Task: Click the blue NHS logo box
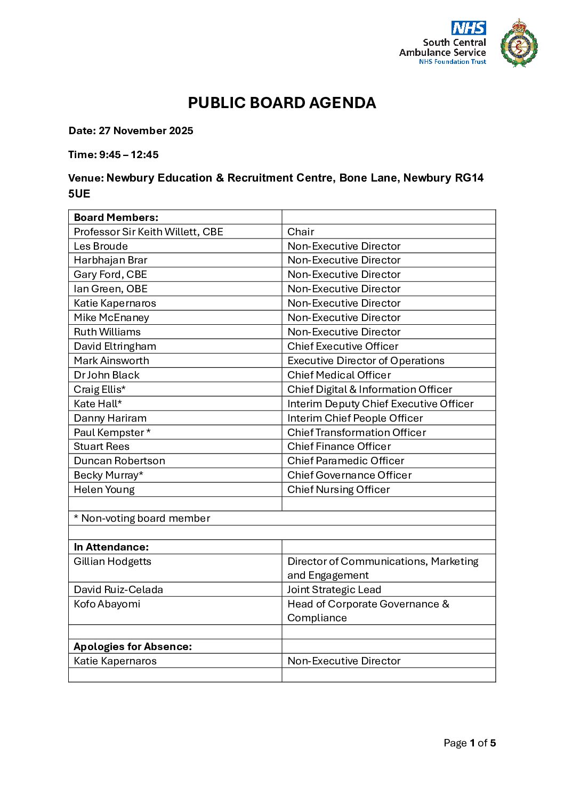(469, 28)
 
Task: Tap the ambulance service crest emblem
(519, 44)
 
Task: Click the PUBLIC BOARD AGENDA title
(282, 103)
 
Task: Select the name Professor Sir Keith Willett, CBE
(148, 232)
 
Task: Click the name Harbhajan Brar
(110, 260)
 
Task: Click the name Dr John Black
(107, 375)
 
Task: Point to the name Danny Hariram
(110, 418)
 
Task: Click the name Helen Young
(104, 490)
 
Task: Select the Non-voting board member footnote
(142, 519)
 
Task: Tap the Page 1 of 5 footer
(470, 743)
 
